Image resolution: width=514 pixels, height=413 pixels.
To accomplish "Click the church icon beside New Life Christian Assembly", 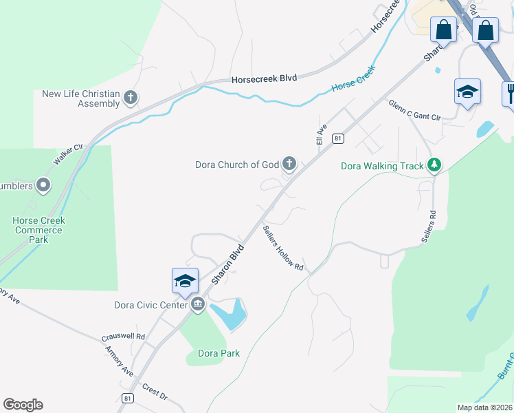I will [x=130, y=98].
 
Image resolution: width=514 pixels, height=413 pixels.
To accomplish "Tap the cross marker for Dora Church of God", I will [x=290, y=164].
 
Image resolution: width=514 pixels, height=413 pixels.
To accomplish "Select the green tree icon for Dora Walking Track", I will [x=434, y=165].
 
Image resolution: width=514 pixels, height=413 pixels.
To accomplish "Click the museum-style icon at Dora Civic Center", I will [x=198, y=304].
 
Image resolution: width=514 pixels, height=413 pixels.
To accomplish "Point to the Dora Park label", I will [x=219, y=353].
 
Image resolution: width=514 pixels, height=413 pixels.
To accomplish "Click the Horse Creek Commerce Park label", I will [x=38, y=230].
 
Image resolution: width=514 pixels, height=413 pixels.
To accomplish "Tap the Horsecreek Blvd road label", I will [x=264, y=78].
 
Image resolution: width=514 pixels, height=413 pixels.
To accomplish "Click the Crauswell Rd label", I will [x=123, y=337].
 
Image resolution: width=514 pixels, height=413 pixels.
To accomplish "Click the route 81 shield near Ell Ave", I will [x=337, y=138].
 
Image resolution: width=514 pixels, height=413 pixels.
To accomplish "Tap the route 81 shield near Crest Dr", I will [x=126, y=398].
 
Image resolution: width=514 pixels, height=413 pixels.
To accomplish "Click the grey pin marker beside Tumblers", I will [x=43, y=184].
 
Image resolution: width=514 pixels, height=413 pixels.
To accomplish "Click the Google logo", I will [x=23, y=405].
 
